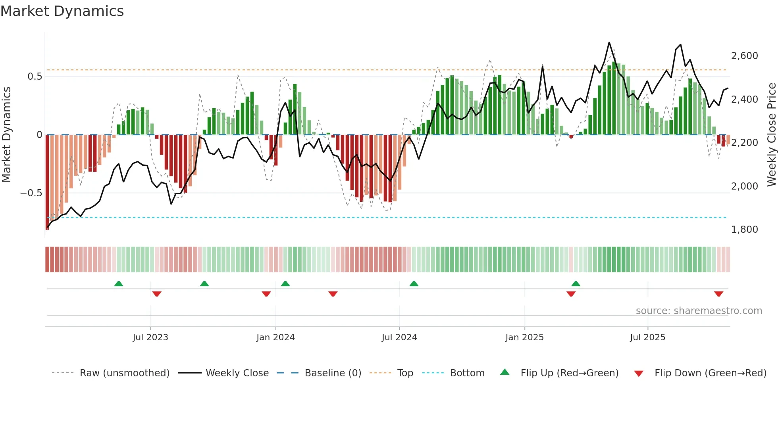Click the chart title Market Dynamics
62,11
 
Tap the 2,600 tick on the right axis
744,56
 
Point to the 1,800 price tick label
744,230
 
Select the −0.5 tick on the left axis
31,193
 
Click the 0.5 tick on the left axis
35,77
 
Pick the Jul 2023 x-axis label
150,337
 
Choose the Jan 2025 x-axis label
524,337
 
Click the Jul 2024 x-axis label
399,337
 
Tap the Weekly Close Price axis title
771,134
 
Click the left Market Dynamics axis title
6,134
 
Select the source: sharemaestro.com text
699,311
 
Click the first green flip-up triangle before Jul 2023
119,284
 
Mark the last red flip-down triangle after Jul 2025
718,294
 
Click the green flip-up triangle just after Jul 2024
414,284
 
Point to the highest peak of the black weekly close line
609,43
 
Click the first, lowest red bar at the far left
47,182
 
